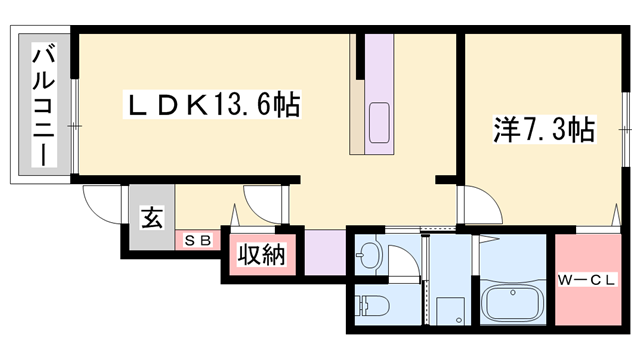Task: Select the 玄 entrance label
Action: click(x=151, y=217)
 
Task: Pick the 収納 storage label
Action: click(x=261, y=255)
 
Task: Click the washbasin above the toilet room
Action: click(x=369, y=254)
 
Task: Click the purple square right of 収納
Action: click(x=319, y=253)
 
